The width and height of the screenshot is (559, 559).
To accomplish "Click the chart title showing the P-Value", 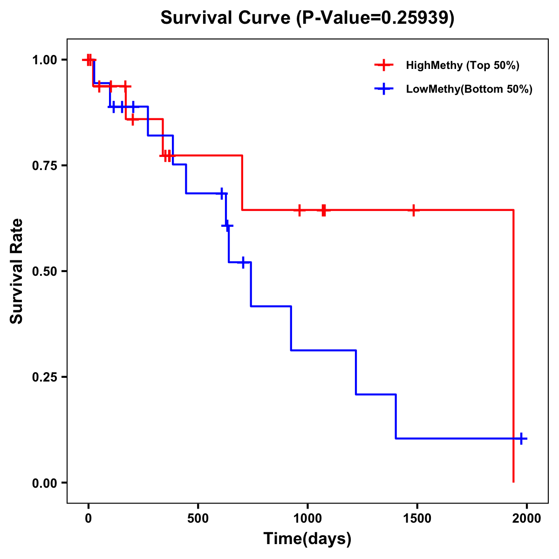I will [307, 18].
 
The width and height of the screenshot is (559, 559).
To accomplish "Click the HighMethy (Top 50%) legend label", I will [463, 65].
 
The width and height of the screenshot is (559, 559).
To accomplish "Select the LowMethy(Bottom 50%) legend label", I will [469, 89].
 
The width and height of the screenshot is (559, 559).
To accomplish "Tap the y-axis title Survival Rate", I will [17, 271].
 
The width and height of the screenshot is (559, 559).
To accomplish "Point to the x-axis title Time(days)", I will [307, 539].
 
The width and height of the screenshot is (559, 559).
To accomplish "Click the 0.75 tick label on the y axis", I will [44, 165].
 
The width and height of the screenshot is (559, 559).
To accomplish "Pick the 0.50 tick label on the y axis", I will [44, 271].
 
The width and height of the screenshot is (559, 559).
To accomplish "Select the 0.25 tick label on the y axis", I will [44, 377].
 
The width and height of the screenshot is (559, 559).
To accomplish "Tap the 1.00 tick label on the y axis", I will [44, 60].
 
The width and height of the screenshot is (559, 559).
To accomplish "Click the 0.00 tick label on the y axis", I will [44, 483].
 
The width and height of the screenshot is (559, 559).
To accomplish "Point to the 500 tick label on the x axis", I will [198, 518].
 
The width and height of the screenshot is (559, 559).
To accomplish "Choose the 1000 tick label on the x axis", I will [307, 518].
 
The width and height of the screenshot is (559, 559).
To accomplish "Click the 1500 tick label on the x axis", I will [417, 518].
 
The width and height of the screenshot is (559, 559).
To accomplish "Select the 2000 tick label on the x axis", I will [526, 518].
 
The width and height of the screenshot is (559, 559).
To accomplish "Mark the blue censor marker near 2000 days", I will [521, 438].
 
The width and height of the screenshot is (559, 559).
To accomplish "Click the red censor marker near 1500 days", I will [413, 210].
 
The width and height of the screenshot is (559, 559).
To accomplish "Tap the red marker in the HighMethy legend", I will [384, 65].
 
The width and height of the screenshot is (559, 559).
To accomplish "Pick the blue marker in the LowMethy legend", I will [384, 89].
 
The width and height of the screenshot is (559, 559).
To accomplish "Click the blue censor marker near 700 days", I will [243, 262].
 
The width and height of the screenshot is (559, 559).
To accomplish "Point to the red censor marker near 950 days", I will [299, 210].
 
